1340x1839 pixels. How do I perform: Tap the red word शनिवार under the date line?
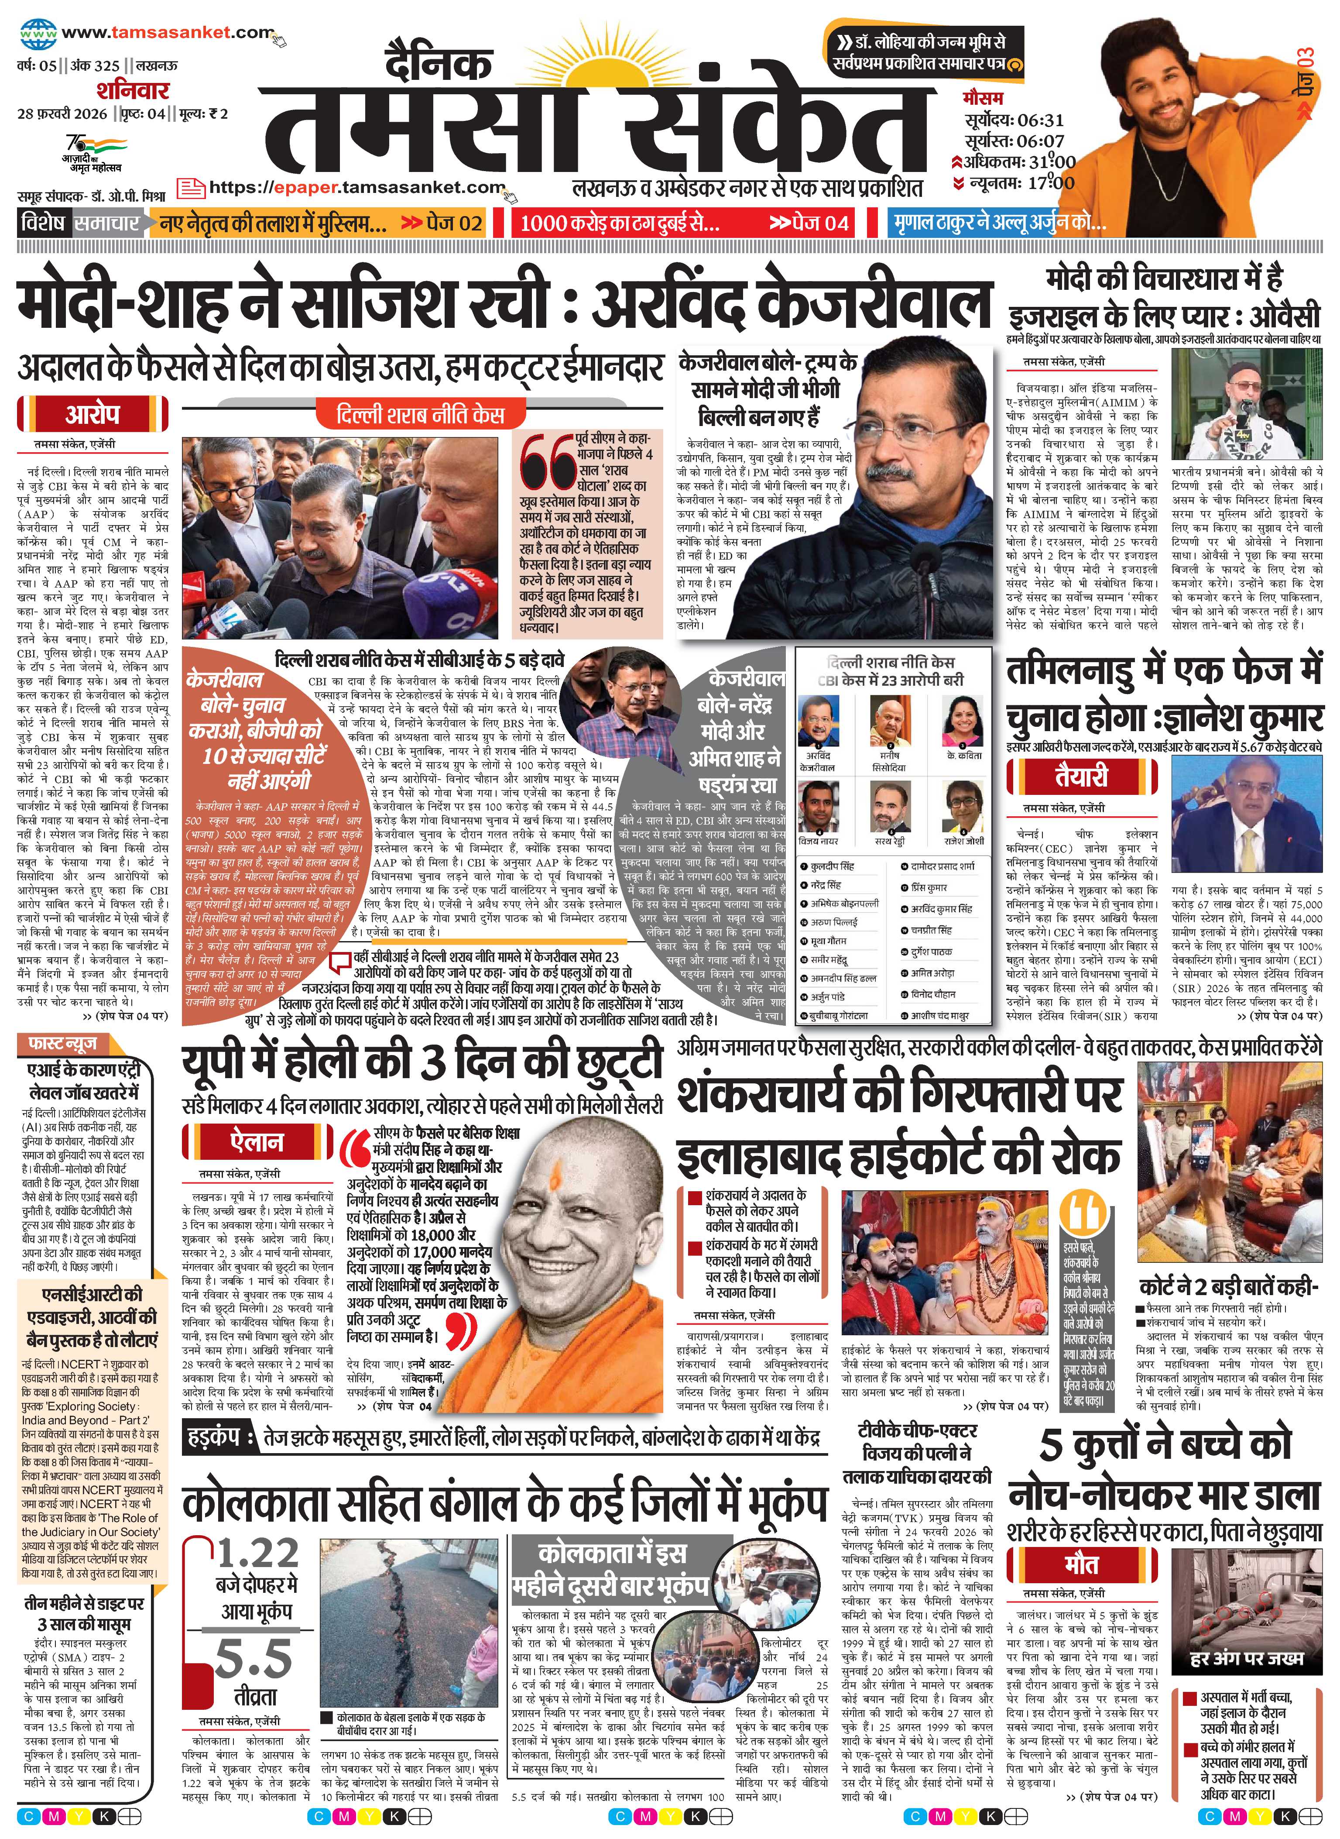coord(132,90)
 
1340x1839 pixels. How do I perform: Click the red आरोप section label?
coord(93,415)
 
